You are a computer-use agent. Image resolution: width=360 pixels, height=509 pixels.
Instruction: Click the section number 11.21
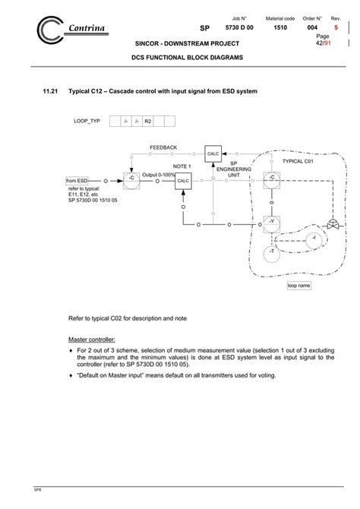[x=51, y=91]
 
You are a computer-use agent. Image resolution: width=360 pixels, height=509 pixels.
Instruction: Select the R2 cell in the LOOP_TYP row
[x=148, y=121]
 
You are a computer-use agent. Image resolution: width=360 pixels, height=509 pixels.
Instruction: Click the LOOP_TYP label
[x=87, y=121]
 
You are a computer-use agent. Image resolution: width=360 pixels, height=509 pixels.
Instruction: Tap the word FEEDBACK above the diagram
[x=163, y=147]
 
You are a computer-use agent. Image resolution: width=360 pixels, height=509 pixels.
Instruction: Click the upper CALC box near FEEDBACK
[x=213, y=152]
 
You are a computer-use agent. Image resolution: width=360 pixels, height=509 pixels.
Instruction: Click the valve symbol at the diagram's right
[x=332, y=224]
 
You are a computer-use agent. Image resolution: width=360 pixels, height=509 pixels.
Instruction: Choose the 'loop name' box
[x=298, y=286]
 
